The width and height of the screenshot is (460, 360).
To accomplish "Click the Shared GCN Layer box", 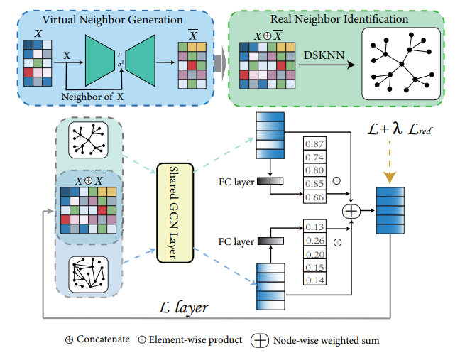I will coord(173,200).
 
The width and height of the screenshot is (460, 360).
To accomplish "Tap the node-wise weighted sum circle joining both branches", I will coord(353,210).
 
